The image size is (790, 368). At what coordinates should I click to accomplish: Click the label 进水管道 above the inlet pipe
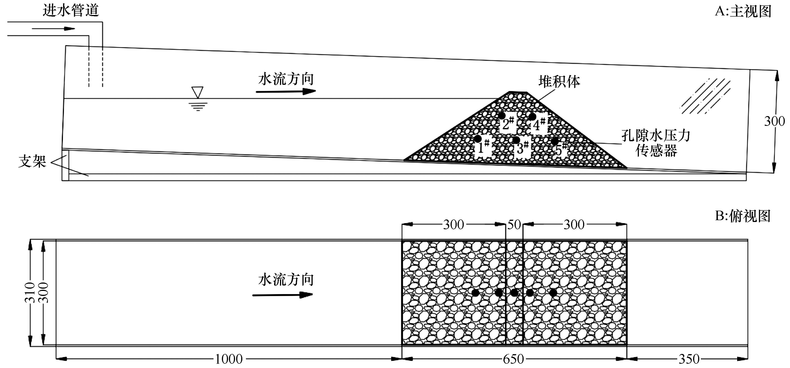[71, 11]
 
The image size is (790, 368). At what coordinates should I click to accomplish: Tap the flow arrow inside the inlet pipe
[53, 29]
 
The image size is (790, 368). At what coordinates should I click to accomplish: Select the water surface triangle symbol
[197, 92]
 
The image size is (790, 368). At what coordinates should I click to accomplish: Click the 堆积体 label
[559, 82]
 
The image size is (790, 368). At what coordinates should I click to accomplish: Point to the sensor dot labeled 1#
[478, 139]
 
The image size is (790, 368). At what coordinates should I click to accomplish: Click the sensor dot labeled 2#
[502, 115]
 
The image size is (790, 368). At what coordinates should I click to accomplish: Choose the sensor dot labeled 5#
[554, 141]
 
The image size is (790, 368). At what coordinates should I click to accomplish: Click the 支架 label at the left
[32, 161]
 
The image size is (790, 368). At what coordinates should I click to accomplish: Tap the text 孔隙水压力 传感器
[656, 143]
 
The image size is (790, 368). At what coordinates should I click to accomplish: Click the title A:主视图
[743, 11]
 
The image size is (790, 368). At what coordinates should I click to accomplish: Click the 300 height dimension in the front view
[774, 121]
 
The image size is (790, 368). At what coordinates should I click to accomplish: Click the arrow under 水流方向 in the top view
[282, 295]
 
